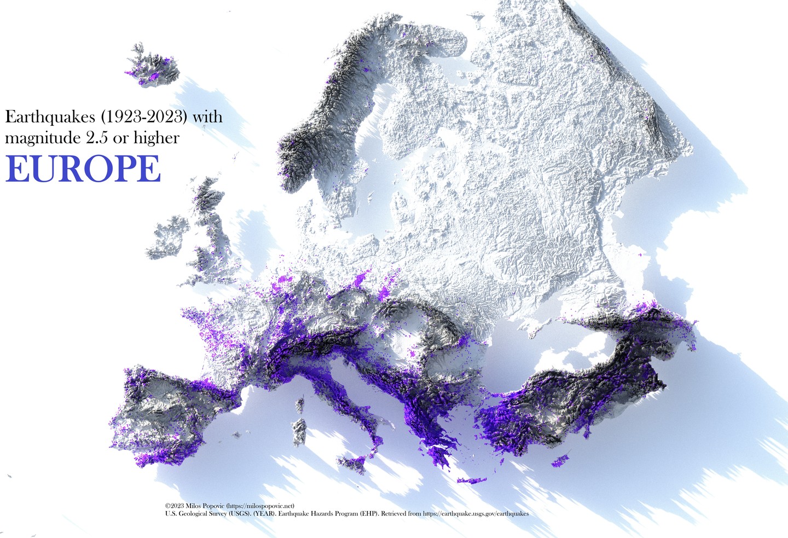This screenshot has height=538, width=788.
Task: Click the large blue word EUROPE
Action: (x=83, y=169)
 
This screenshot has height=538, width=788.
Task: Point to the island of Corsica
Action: (x=300, y=406)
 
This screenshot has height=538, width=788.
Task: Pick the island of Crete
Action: (x=472, y=481)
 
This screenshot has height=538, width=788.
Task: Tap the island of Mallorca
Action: (x=236, y=436)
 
